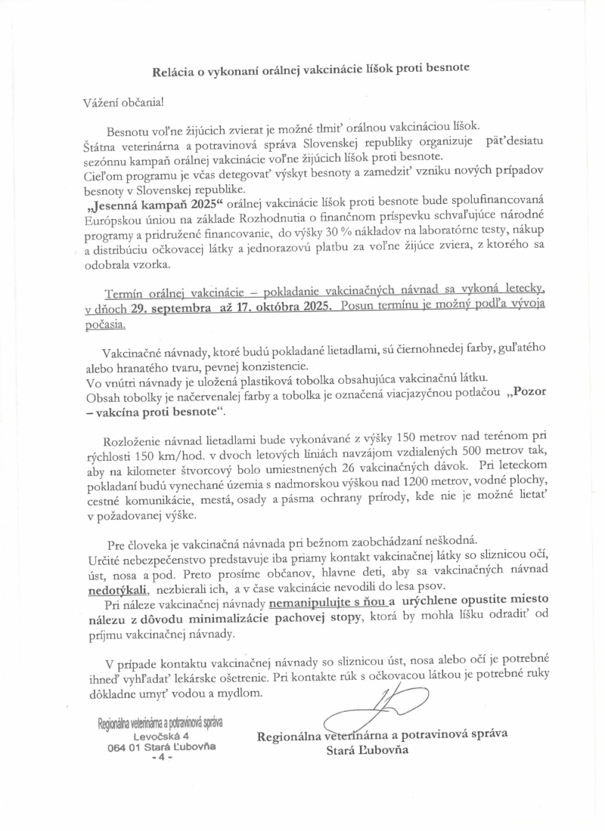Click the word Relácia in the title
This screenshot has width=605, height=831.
coord(176,67)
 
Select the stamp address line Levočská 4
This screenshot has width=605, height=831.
coord(161,735)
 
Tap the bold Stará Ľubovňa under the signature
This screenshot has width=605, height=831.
coord(367,750)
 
